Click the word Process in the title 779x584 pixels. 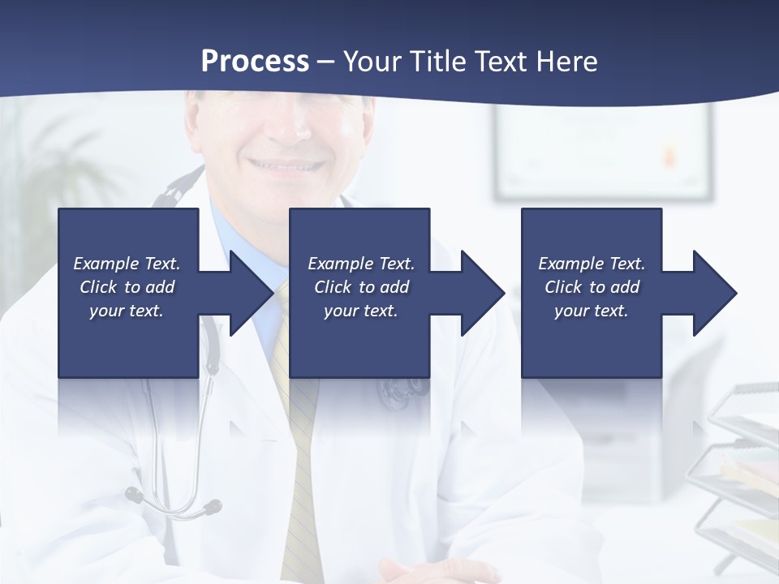pos(255,61)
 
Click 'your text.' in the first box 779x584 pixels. pos(127,311)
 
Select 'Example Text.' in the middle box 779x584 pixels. pos(360,264)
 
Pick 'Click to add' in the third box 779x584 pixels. pos(592,287)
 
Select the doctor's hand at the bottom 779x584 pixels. pos(438,571)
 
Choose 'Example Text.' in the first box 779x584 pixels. pos(127,264)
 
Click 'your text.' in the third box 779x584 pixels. pos(592,311)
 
